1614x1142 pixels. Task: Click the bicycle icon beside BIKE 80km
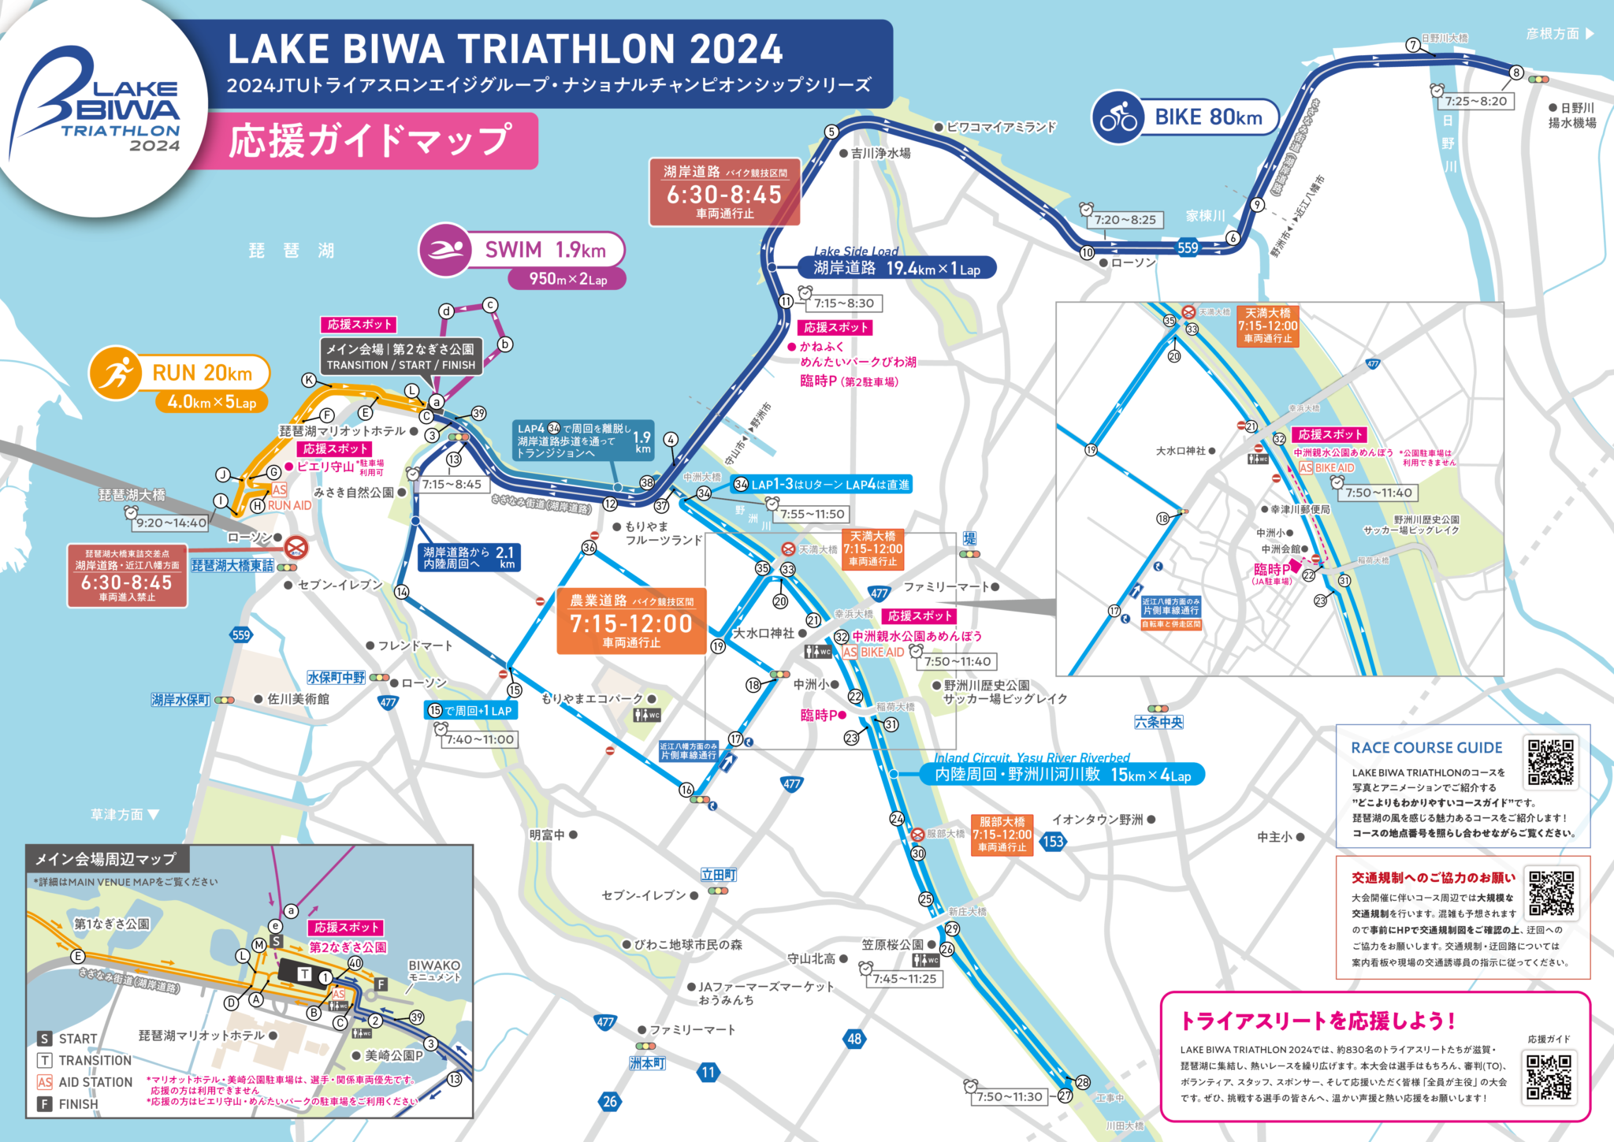coord(1118,118)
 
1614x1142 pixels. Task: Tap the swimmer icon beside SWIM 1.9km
coord(446,251)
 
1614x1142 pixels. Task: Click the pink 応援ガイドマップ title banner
coord(370,141)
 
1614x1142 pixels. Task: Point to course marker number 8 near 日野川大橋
coord(1515,73)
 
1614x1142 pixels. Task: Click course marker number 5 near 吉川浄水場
coord(831,132)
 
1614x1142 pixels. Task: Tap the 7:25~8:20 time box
coord(1475,101)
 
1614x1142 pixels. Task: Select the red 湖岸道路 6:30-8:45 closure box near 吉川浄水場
coord(724,192)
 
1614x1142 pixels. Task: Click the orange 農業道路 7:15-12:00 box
coord(631,621)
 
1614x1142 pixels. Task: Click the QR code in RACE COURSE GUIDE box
coord(1550,762)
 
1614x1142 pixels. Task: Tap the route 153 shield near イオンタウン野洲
coord(1053,841)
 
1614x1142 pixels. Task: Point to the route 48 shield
coord(854,1039)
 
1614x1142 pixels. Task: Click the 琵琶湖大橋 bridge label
coord(132,495)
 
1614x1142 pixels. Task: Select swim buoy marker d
coord(446,311)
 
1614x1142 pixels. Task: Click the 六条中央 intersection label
coord(1158,722)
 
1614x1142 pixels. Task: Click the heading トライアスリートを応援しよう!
coord(1316,1021)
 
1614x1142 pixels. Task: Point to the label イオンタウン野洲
coord(1097,820)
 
